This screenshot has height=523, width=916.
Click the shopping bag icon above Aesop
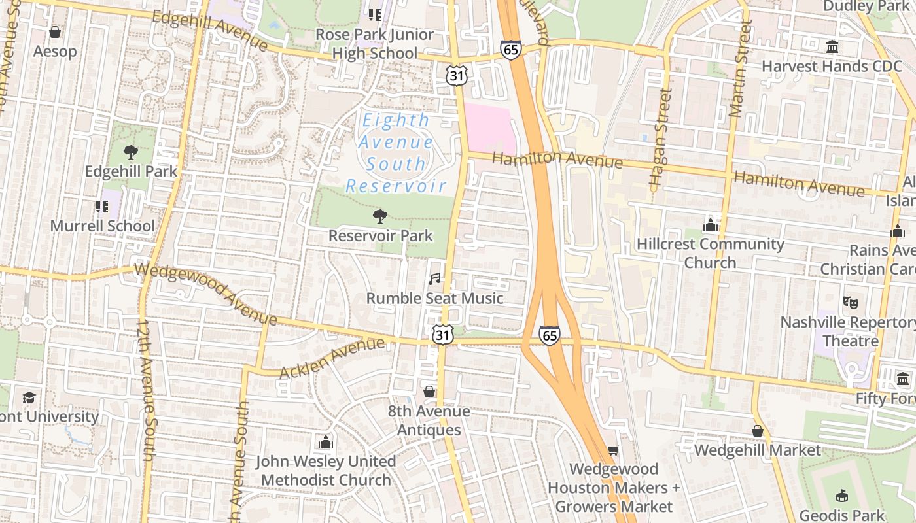coord(55,32)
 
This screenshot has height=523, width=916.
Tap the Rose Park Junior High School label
coord(374,44)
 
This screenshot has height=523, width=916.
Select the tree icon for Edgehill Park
coord(131,152)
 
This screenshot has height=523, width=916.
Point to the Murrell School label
coord(103,226)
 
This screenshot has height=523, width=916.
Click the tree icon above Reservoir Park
coord(379,216)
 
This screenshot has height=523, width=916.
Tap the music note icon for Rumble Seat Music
coord(434,279)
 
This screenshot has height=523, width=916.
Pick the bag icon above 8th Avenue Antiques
coord(429,392)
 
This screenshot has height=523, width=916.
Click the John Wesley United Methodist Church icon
coord(325,443)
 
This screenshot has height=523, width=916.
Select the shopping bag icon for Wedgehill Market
coord(757,431)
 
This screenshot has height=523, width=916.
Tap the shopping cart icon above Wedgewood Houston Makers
coord(613,450)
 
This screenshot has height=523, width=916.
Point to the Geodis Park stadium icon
coord(842,496)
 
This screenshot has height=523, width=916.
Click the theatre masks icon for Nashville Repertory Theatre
coord(850,303)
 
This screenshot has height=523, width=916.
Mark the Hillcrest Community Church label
coord(710,253)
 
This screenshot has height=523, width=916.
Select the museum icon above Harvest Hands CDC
coord(832,47)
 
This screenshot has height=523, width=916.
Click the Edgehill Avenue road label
coord(209,30)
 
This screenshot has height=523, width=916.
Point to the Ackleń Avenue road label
coord(332,358)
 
